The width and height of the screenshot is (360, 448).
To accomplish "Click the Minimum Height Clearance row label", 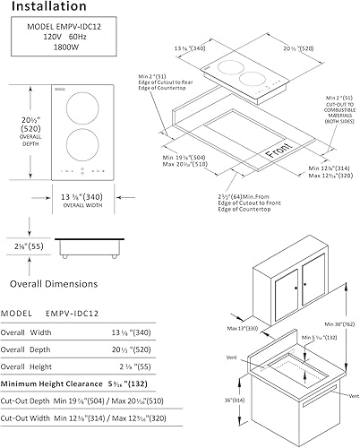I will click(54, 383).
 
